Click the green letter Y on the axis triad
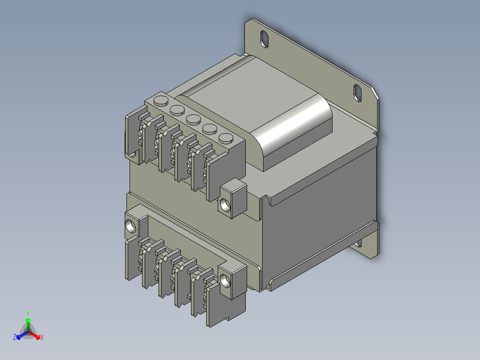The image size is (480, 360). [x=28, y=313]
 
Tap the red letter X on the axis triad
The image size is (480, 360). [x=42, y=337]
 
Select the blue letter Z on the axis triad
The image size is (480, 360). [x=14, y=337]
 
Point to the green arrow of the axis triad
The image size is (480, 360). [x=28, y=325]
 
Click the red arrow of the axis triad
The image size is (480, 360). [x=35, y=335]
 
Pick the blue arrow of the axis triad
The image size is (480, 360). [x=22, y=335]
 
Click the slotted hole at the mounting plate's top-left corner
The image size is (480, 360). [x=264, y=39]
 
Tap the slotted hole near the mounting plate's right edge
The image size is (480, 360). [x=358, y=93]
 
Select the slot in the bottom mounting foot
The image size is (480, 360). [x=358, y=244]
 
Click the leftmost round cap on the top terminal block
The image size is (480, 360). [x=161, y=101]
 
